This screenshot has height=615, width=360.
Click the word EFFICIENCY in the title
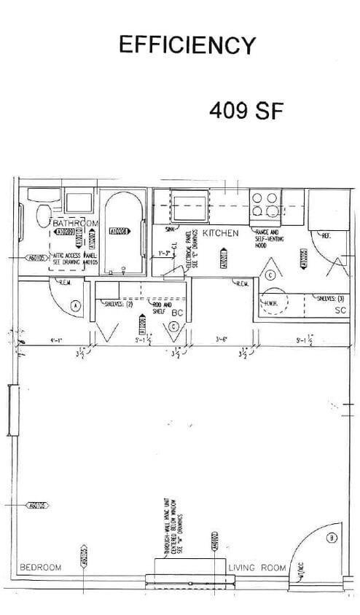[x=187, y=45]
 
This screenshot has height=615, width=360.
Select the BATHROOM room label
[x=75, y=222]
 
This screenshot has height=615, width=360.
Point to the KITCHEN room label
[x=221, y=232]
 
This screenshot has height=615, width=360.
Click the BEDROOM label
[x=41, y=567]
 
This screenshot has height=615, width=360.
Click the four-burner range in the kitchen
[x=265, y=205]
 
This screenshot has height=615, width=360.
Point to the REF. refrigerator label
[x=326, y=235]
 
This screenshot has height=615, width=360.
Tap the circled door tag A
[x=75, y=306]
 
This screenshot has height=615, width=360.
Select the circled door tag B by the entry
[x=332, y=538]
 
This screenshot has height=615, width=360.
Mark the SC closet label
[x=340, y=311]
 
